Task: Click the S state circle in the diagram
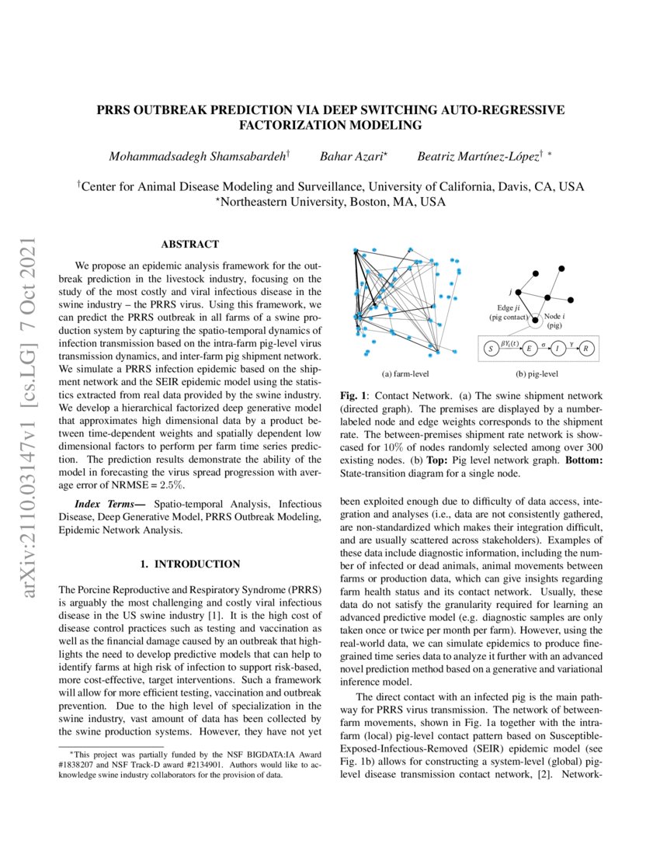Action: (x=491, y=349)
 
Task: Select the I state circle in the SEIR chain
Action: (x=558, y=349)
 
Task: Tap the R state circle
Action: (x=587, y=349)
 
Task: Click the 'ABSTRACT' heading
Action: (x=189, y=245)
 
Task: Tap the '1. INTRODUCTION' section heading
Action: (x=189, y=564)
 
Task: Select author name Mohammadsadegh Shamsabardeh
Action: (x=197, y=157)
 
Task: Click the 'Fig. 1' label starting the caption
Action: (x=353, y=396)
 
